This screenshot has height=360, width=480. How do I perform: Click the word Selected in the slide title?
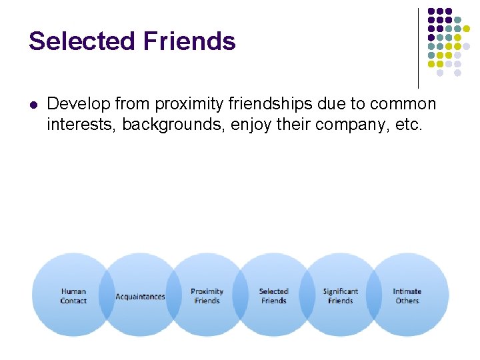pos(81,41)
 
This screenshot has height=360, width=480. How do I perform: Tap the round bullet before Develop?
pos(33,105)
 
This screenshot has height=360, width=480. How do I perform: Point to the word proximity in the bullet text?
pos(189,104)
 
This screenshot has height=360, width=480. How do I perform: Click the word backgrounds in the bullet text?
pos(174,123)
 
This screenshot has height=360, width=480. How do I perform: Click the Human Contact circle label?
pos(73,296)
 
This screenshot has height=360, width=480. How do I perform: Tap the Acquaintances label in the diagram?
pos(140,297)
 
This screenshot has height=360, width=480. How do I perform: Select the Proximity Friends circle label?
pos(207,296)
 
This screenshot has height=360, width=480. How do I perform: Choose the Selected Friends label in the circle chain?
pos(273,296)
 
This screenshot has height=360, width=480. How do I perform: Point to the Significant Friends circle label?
pos(340,296)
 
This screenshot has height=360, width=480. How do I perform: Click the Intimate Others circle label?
pos(407,296)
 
